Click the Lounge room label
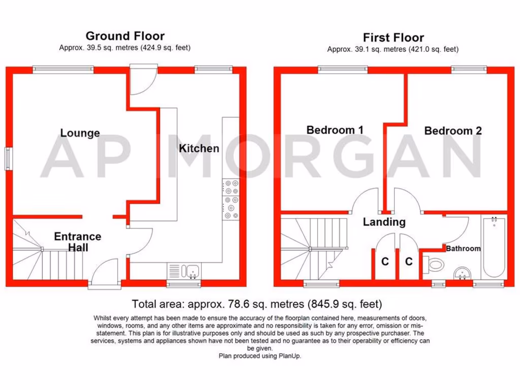coord(80,133)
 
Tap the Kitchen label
coord(199,148)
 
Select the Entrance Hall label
coord(78,242)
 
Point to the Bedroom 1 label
coord(335,130)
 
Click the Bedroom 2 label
coord(453,131)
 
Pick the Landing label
coord(384,222)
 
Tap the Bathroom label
coord(463,249)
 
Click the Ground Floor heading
coord(125,36)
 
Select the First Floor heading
coord(393,38)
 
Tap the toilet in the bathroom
coord(436,264)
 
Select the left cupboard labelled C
coord(385,262)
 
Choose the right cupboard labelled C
coord(409,262)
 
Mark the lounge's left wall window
coord(8,158)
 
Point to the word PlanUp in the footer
coord(289,356)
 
